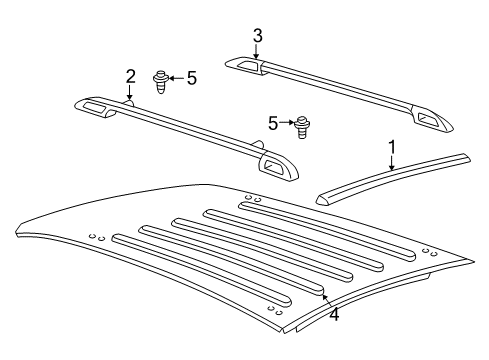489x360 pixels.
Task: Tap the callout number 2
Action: click(x=130, y=77)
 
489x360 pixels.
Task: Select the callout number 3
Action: click(x=257, y=37)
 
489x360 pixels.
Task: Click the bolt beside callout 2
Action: click(x=160, y=80)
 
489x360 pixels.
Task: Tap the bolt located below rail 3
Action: click(x=301, y=127)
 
